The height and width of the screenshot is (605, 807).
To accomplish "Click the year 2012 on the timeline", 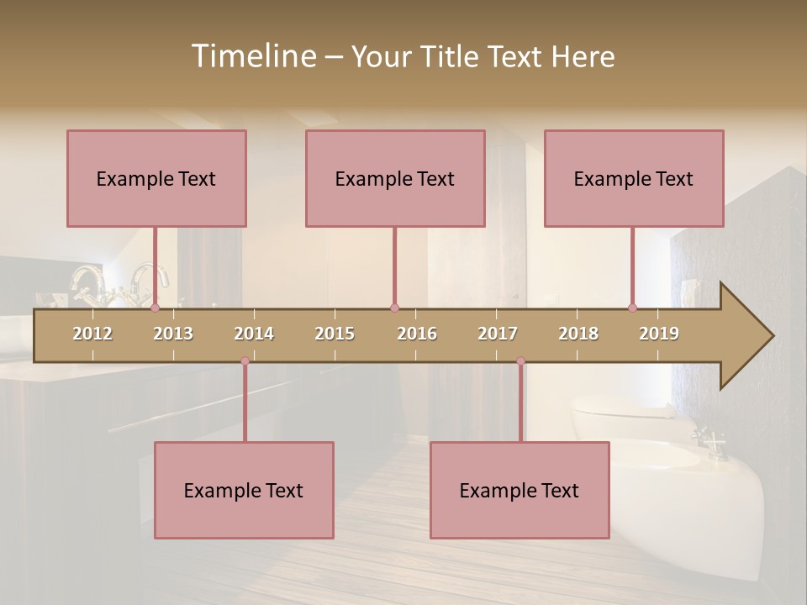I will [x=92, y=334].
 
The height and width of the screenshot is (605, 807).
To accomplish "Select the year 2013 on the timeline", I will [x=173, y=334].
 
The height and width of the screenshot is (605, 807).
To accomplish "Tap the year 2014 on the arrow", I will [x=254, y=334].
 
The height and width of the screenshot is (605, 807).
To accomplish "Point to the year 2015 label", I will [x=335, y=334].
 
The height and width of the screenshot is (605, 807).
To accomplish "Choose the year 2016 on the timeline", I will [x=417, y=334].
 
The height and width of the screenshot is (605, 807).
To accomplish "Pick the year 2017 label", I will [x=498, y=334].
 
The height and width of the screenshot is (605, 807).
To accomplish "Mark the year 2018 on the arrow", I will [x=578, y=334].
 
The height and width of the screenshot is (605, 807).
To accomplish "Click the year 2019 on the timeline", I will [x=659, y=334].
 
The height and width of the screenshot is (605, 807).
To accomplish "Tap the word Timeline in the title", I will [x=253, y=56].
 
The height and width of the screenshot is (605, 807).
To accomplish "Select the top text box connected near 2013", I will [x=156, y=178].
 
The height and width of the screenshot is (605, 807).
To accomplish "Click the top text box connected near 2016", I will [x=395, y=178].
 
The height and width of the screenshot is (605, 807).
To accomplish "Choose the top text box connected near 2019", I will [x=634, y=178].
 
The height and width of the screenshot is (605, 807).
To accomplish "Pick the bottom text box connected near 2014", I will [x=244, y=490].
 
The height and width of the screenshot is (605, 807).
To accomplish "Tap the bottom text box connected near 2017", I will [x=520, y=490].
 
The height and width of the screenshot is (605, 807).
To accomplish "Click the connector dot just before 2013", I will [x=155, y=308].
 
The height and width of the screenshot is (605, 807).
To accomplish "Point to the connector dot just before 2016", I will [x=394, y=308].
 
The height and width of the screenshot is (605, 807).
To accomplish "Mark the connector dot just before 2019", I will [x=632, y=308].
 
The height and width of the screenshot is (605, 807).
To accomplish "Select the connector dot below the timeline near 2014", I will [x=245, y=361].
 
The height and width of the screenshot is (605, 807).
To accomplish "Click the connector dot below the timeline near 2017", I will [x=520, y=361].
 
